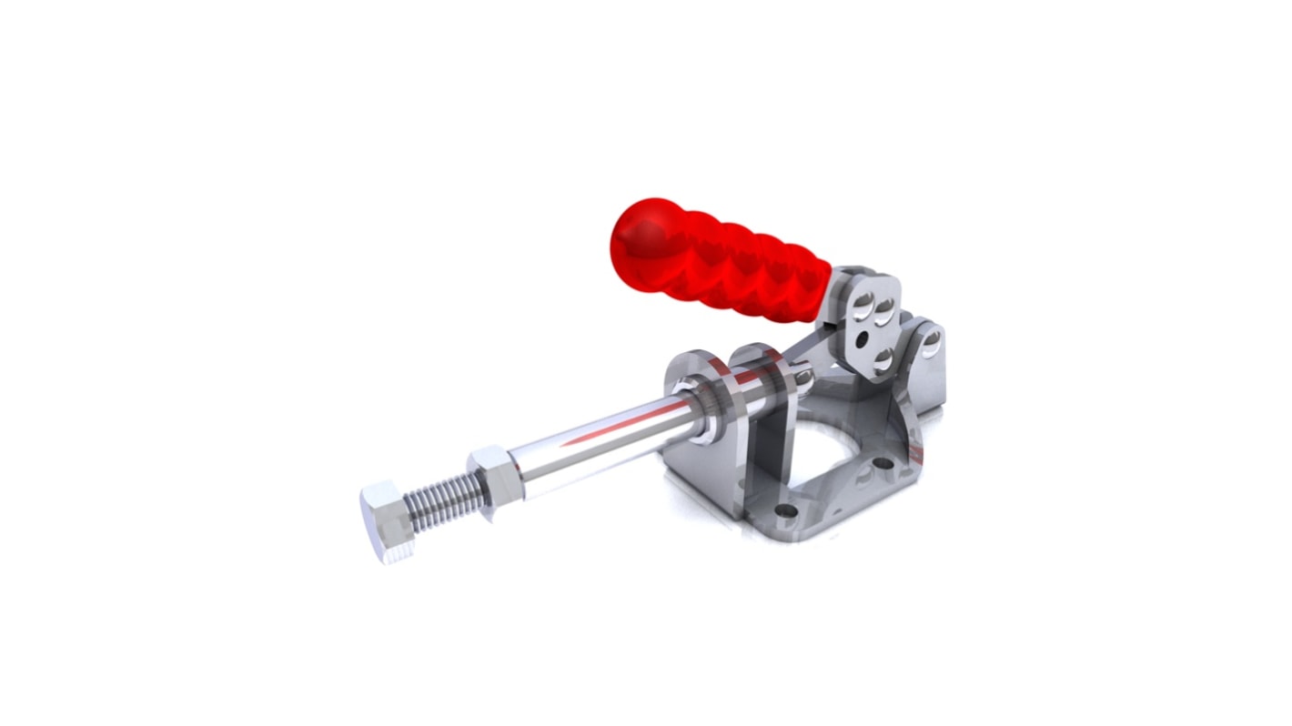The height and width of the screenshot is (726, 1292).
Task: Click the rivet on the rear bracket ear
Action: point(931,344)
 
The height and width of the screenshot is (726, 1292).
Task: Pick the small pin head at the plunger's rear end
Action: point(803,374)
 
